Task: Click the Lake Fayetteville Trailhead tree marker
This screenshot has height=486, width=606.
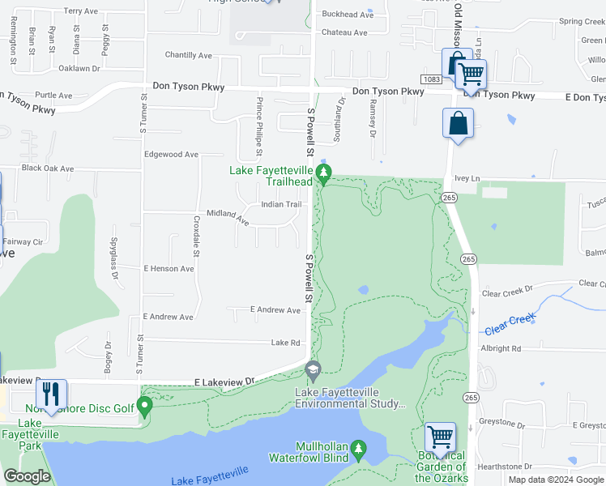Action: (324, 173)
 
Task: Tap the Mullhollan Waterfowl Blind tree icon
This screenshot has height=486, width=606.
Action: (360, 448)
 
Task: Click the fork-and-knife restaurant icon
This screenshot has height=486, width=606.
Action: (52, 394)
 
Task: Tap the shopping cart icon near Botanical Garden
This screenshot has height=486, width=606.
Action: (440, 437)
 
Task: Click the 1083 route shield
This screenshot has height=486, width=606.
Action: (431, 79)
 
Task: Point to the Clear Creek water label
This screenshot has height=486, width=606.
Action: (510, 325)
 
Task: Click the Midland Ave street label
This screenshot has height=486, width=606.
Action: (227, 215)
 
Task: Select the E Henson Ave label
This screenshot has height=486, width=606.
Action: (169, 268)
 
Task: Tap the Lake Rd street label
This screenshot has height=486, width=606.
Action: (285, 343)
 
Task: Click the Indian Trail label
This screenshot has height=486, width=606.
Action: (281, 204)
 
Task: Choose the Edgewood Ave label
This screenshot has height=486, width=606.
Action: (171, 154)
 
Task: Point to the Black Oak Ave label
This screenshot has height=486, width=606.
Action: (48, 168)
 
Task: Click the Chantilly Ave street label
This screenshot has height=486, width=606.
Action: (188, 55)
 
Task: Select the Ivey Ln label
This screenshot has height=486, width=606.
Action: (467, 178)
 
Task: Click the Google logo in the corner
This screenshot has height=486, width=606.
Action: (27, 476)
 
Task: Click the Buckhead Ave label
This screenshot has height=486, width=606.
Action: (348, 15)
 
